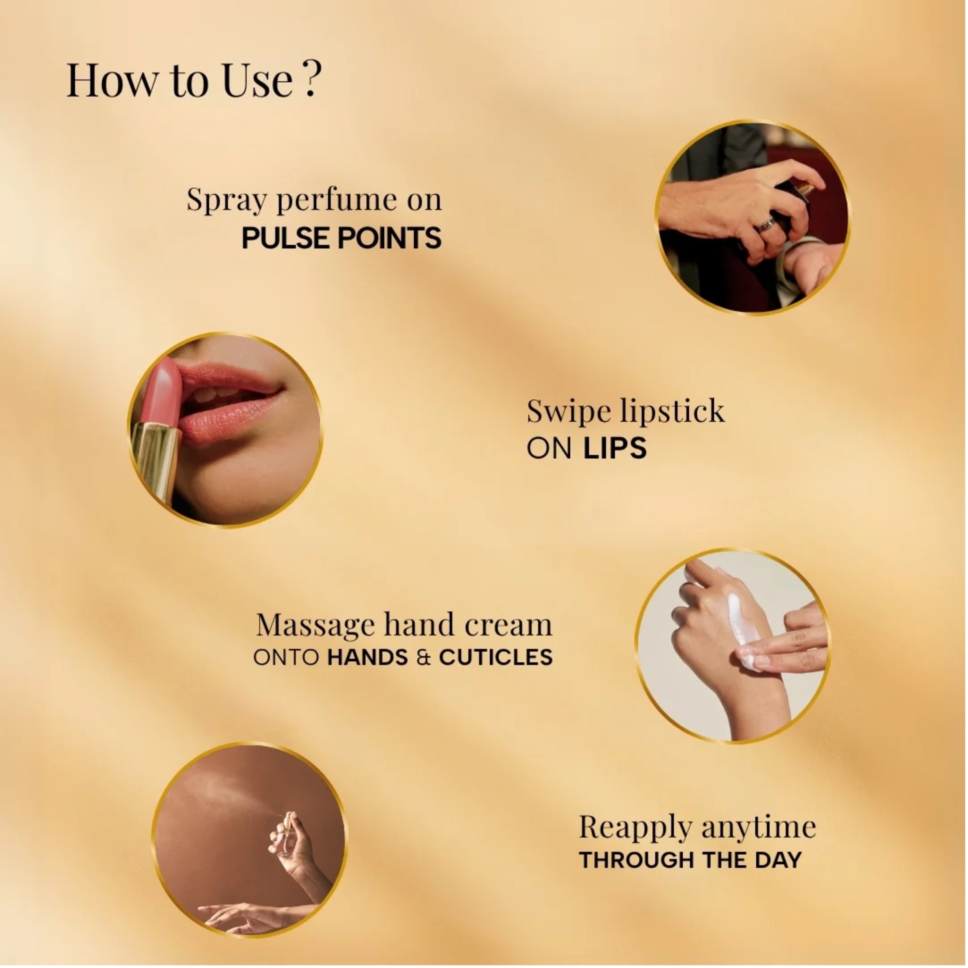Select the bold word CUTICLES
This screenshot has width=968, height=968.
pos(496,657)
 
